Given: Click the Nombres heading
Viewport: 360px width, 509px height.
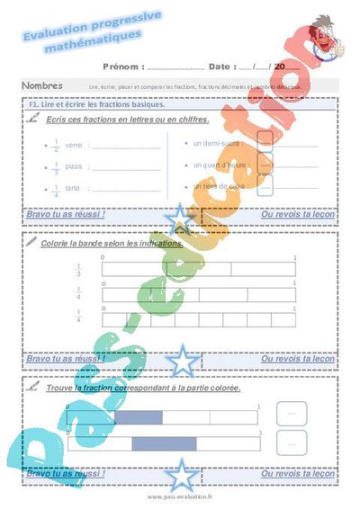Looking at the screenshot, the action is click(x=43, y=85).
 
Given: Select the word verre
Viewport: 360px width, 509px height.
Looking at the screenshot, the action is click(x=74, y=145).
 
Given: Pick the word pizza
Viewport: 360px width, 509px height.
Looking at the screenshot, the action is click(x=75, y=166).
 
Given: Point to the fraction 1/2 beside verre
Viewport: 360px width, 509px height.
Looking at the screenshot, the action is click(x=56, y=145).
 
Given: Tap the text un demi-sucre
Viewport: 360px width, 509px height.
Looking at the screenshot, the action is click(x=217, y=142).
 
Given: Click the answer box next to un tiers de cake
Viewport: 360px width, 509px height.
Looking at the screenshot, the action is click(x=265, y=186).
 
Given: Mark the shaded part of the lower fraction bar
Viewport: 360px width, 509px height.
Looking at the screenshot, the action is click(x=157, y=442).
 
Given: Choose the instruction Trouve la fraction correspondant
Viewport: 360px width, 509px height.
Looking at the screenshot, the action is click(x=130, y=387).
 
